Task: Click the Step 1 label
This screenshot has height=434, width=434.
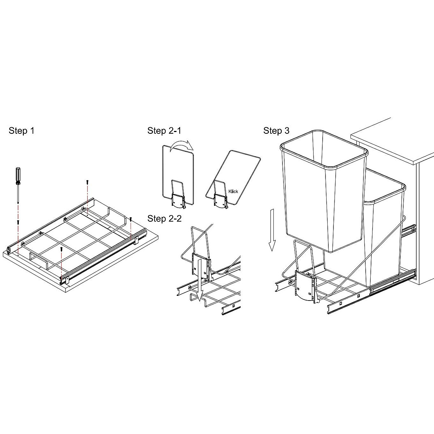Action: click(x=21, y=131)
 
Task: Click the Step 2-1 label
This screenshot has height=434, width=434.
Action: click(x=164, y=131)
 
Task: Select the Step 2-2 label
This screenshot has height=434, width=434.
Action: click(x=164, y=218)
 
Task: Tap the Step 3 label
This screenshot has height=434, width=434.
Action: click(x=276, y=131)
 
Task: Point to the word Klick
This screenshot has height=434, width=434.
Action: click(x=233, y=191)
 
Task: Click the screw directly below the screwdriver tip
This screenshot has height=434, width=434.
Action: click(x=18, y=222)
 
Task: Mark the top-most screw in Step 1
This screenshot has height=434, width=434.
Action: click(x=87, y=182)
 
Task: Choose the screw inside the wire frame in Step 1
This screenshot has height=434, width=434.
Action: click(x=62, y=248)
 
